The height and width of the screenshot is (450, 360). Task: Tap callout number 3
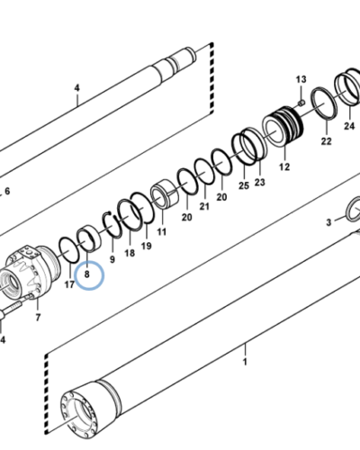tap(329, 220)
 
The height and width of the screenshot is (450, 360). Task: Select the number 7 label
tap(37, 317)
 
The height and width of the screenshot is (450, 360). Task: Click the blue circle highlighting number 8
tap(89, 272)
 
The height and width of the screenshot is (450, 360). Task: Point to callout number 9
tap(112, 259)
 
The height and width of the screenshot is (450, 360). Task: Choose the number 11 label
tap(162, 231)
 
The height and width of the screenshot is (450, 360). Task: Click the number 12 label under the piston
tap(284, 166)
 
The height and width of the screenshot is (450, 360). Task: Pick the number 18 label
tap(130, 254)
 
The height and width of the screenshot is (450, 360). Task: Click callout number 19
tap(147, 245)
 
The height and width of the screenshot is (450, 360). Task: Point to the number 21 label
tap(204, 207)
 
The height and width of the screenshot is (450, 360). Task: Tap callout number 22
tap(325, 140)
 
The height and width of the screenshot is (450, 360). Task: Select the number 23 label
tap(260, 182)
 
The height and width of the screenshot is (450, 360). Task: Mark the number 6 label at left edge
tap(7, 192)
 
